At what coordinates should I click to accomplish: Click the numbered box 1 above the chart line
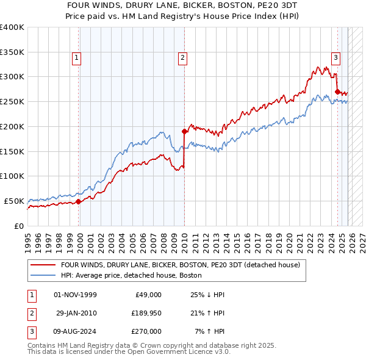coord(77,58)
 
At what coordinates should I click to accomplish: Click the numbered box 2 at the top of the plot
coord(182,58)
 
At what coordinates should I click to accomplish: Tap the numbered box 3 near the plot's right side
coord(335,58)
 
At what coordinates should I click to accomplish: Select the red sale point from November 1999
coord(78,201)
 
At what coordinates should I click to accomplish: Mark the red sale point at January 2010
coord(184,131)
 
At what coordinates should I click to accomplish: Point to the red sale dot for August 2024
coord(337,92)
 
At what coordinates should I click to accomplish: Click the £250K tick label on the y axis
coord(12,101)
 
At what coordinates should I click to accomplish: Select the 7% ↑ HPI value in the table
coord(209,331)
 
